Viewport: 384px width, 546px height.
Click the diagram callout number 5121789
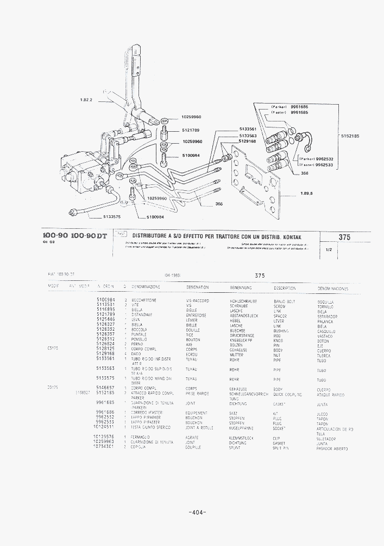pos(191,130)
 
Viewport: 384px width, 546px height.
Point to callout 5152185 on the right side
pos(350,136)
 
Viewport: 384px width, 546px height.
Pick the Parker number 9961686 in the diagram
pos(299,107)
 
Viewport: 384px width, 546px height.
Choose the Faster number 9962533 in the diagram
pos(324,164)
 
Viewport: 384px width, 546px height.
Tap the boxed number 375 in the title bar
pos(344,237)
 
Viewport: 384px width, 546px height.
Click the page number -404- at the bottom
pos(197,512)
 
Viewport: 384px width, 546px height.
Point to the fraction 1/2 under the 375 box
pos(329,250)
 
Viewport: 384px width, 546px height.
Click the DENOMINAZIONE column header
pos(146,287)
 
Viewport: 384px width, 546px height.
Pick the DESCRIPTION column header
pos(285,288)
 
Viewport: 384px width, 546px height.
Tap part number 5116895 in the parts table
pos(105,309)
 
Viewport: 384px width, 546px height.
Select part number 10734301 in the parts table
pos(103,447)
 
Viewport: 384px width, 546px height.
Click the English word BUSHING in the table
pos(281,331)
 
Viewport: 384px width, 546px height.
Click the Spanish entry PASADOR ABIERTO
pos(332,449)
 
